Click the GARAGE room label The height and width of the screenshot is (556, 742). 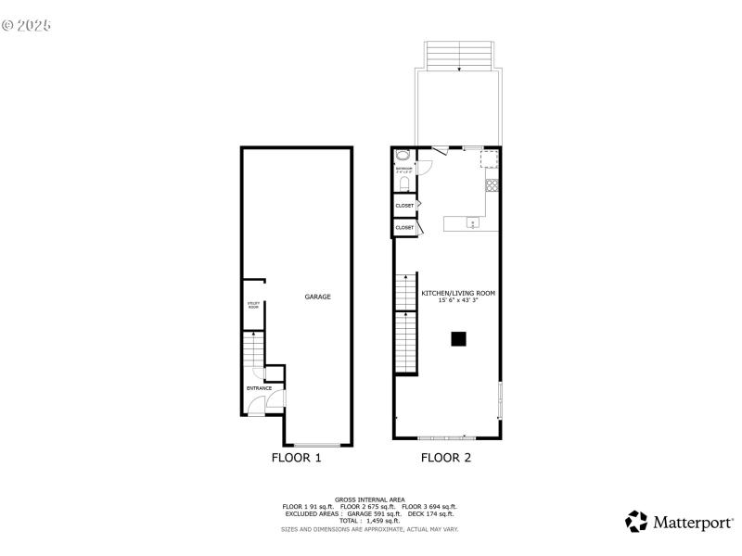(x=318, y=297)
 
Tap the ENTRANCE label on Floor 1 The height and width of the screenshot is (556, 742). (x=259, y=388)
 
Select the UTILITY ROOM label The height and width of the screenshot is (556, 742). (x=252, y=305)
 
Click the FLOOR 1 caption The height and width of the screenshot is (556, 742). (x=296, y=457)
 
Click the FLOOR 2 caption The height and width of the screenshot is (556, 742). (x=446, y=457)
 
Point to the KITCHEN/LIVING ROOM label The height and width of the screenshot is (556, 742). (x=458, y=293)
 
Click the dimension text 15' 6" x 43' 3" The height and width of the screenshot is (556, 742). (x=458, y=299)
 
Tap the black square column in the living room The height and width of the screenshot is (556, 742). (x=458, y=339)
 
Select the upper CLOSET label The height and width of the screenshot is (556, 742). (x=404, y=205)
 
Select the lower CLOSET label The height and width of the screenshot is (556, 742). (x=404, y=227)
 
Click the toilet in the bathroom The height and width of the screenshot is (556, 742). (x=402, y=182)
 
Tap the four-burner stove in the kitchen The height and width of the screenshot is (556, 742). (x=493, y=184)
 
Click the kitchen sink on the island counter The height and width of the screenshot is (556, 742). (x=472, y=223)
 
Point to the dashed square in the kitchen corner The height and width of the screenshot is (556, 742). (x=490, y=160)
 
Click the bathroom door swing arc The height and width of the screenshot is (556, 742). (x=425, y=168)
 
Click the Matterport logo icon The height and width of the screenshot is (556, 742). (x=636, y=521)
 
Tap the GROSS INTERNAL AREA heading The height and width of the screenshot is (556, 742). (x=370, y=499)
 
